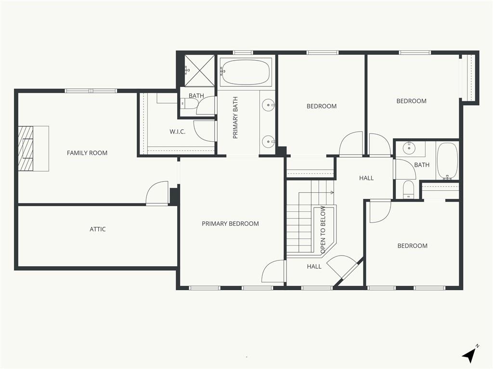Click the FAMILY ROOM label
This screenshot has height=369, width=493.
pyautogui.click(x=87, y=153)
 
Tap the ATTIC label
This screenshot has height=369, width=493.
pyautogui.click(x=97, y=229)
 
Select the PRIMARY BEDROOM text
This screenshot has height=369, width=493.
pyautogui.click(x=230, y=224)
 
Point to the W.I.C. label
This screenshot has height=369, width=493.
pyautogui.click(x=177, y=132)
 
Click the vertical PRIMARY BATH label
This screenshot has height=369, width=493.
pyautogui.click(x=235, y=118)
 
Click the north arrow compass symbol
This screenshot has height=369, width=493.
pyautogui.click(x=470, y=355)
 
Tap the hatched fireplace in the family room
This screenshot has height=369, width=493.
pyautogui.click(x=26, y=148)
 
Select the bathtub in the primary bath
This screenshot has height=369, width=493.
pyautogui.click(x=246, y=72)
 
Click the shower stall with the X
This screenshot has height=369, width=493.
pyautogui.click(x=199, y=71)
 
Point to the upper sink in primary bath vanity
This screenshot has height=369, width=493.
pyautogui.click(x=268, y=104)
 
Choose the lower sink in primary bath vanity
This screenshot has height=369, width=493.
pyautogui.click(x=268, y=142)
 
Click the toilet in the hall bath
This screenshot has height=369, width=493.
pyautogui.click(x=408, y=189)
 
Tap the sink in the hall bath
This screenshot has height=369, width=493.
pyautogui.click(x=409, y=147)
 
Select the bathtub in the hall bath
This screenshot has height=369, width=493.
pyautogui.click(x=447, y=161)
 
